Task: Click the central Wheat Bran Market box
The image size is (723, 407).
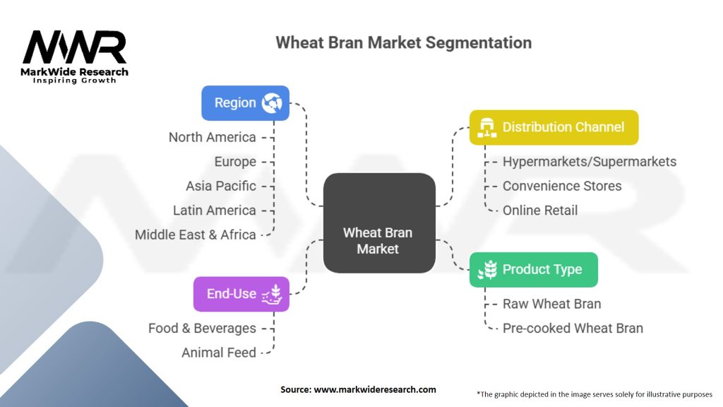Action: point(378,223)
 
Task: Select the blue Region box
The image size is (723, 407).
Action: point(245,103)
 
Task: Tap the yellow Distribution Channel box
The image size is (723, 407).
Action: point(554,127)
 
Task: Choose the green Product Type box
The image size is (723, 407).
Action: point(533,269)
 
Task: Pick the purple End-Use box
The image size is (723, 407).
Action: point(241,294)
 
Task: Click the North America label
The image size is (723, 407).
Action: point(212,137)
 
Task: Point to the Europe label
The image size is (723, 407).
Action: point(235,162)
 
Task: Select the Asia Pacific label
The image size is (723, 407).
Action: point(220,186)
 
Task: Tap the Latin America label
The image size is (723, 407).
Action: point(214,211)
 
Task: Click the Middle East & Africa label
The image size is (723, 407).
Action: point(195,235)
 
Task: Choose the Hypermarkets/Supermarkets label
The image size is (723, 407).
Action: point(589,162)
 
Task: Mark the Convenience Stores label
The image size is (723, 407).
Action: point(562,186)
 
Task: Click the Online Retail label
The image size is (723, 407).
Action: point(540,210)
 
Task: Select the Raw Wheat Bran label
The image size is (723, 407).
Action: point(551,304)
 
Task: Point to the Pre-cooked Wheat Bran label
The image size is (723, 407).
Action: point(573,328)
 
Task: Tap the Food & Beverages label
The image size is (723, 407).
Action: point(202,329)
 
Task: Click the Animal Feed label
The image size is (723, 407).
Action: point(219,353)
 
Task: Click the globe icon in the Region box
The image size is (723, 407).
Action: point(271,103)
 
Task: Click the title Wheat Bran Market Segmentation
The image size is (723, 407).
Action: point(403,42)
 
